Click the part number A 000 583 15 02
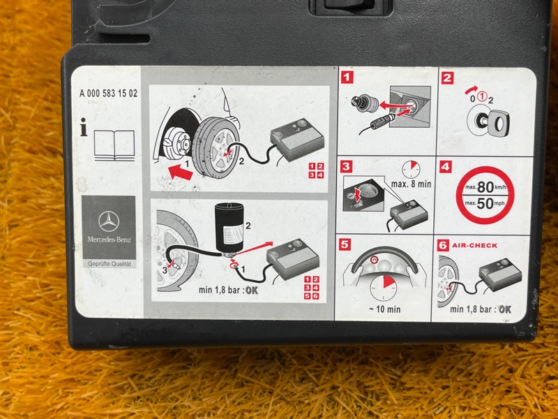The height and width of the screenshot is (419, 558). point(108,94)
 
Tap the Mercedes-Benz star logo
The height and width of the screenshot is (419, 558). point(109,221)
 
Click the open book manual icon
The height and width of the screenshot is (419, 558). point(114,145)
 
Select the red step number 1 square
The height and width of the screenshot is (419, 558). point(347,78)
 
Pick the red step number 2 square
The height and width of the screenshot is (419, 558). point(447,78)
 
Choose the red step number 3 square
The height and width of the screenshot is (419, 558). point(346,166)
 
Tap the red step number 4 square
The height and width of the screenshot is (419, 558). point(446,167)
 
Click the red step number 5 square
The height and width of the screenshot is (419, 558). point(345,244)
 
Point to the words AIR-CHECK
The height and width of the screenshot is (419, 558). point(475,246)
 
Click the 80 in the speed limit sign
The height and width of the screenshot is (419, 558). point(485,186)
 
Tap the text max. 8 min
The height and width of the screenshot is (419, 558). point(411,184)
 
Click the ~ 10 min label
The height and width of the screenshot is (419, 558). point(385,309)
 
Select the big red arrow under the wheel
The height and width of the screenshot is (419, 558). point(181,172)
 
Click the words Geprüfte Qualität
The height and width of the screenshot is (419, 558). point(110,264)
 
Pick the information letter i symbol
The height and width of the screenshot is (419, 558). point(84,127)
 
